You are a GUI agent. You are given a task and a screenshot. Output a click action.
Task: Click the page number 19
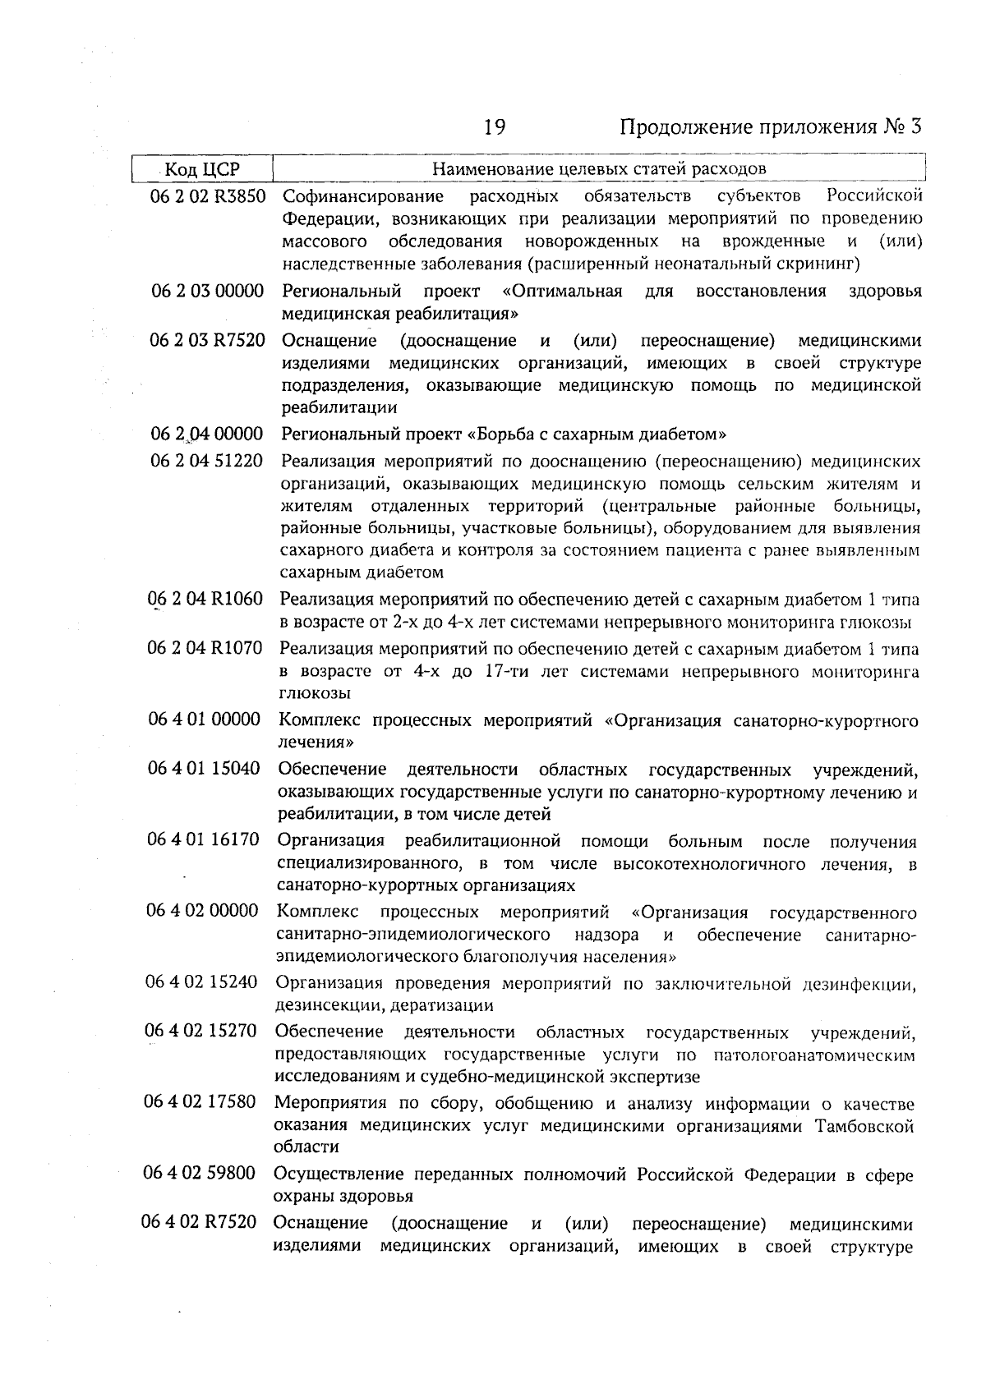click(x=494, y=127)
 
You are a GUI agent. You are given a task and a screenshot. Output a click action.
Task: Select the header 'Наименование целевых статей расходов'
click(x=599, y=169)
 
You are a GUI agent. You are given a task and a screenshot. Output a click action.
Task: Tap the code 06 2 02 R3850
click(x=208, y=196)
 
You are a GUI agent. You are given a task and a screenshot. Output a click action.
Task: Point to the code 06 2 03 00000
click(x=207, y=292)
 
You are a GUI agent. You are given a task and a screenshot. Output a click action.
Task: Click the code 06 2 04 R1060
click(x=205, y=600)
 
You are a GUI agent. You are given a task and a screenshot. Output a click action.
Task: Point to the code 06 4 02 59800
click(x=200, y=1174)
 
